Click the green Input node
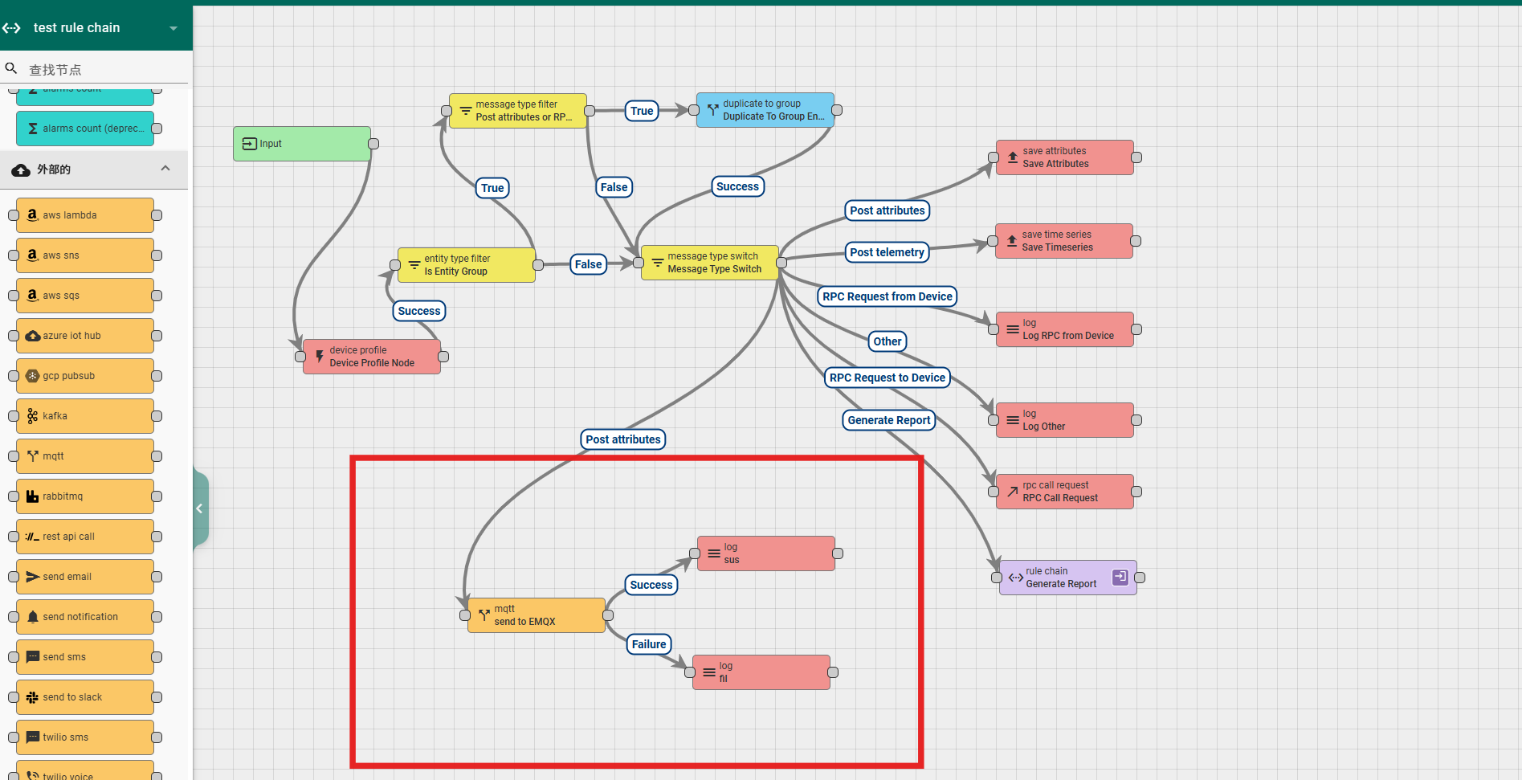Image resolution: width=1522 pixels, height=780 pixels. [302, 144]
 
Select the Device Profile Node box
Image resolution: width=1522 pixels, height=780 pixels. [371, 357]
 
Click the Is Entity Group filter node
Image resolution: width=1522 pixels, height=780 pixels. [466, 265]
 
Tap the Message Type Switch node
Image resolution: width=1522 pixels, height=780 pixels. [710, 263]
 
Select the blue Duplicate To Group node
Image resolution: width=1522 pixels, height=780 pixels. [765, 110]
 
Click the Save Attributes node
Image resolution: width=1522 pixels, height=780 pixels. [1064, 157]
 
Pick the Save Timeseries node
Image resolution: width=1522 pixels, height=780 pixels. [1063, 241]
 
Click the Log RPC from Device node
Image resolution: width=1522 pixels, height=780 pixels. [1064, 329]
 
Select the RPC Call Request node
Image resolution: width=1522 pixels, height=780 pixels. [1064, 492]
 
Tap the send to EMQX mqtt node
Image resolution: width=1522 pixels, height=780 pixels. [536, 615]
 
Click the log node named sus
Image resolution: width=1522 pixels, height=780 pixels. [765, 553]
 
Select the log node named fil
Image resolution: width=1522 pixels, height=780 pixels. [761, 672]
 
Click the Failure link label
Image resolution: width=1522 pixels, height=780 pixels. [649, 644]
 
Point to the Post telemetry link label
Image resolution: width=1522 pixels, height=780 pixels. [887, 252]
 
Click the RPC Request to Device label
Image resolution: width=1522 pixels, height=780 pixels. [887, 378]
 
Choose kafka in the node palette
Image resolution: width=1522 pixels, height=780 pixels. [84, 416]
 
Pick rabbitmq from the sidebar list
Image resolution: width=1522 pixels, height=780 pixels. [84, 496]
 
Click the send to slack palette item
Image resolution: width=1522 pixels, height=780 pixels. [84, 697]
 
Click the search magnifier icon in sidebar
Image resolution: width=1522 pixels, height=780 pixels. [11, 68]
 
